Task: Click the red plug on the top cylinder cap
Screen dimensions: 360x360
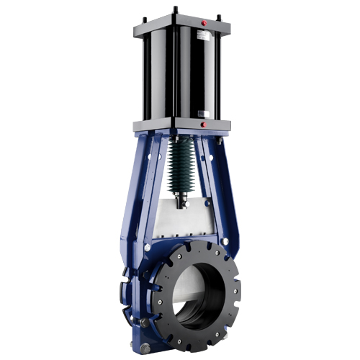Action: click(204, 23)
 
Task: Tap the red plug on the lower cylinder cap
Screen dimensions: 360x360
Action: click(204, 124)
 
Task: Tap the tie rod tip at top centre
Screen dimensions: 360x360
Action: click(175, 9)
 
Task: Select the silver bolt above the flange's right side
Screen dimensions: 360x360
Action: click(224, 240)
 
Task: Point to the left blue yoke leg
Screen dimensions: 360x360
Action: click(144, 187)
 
